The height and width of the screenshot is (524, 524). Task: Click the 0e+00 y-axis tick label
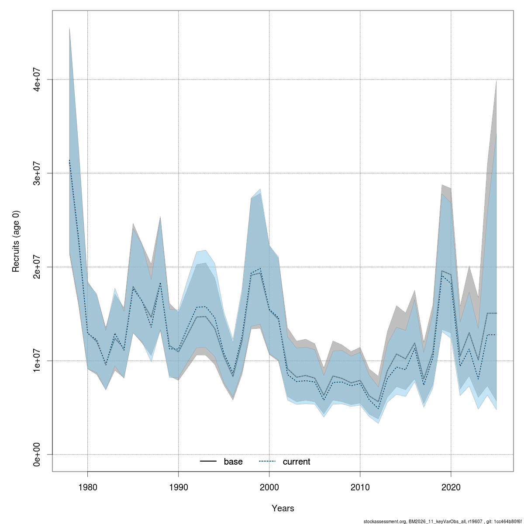tap(38, 454)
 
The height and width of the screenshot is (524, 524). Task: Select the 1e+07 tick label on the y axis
tap(38, 361)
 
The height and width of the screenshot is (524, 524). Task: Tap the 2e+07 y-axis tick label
tap(38, 267)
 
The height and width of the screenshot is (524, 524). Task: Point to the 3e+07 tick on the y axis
tap(38, 173)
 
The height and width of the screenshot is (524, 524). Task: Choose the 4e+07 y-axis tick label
tap(38, 79)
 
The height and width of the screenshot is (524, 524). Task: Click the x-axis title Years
tap(283, 508)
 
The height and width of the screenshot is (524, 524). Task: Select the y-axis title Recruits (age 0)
tap(16, 241)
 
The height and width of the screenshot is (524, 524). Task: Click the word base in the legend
tap(233, 462)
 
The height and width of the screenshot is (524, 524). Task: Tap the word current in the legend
tap(296, 462)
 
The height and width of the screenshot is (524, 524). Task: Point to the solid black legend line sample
tap(208, 462)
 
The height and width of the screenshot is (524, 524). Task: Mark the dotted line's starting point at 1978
tap(69, 160)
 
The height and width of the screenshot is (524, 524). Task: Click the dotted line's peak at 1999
tap(260, 269)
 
